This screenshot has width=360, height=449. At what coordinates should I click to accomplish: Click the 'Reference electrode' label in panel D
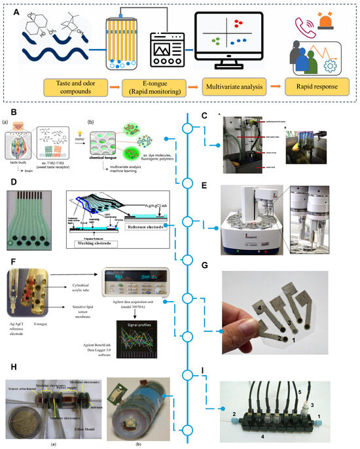point(148,224)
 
